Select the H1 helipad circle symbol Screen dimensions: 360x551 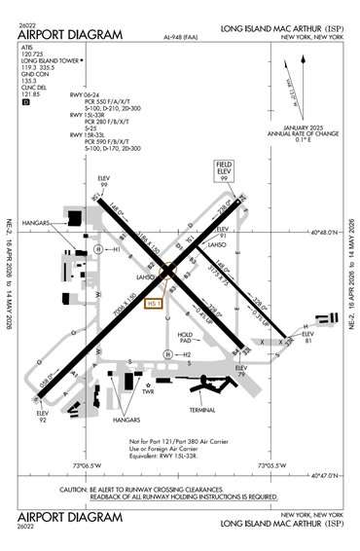point(99,249)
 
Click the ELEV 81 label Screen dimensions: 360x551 point(309,339)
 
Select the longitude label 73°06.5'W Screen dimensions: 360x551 point(99,466)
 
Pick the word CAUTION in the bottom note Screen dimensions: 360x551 point(74,490)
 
